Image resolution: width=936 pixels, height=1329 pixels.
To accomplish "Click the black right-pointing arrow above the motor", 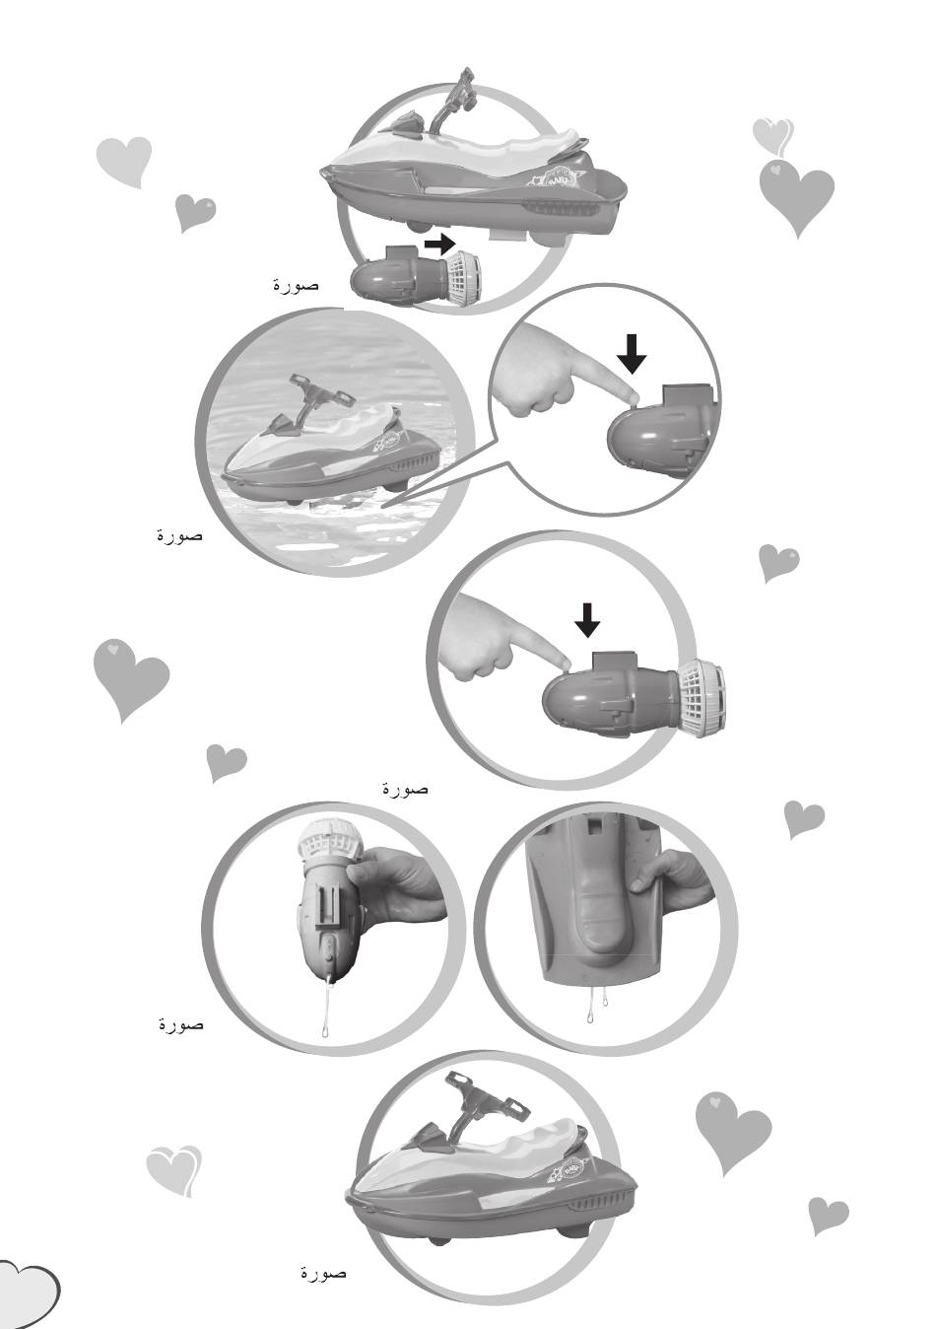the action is pyautogui.click(x=439, y=244).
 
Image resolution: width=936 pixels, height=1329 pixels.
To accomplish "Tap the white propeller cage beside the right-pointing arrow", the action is pyautogui.click(x=463, y=274).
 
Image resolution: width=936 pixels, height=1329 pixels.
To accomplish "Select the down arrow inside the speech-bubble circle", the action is pyautogui.click(x=632, y=355).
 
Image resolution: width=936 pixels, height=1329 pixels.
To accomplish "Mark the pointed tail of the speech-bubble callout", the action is pyautogui.click(x=383, y=507).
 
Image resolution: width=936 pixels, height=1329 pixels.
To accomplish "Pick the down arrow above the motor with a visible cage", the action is pyautogui.click(x=587, y=620).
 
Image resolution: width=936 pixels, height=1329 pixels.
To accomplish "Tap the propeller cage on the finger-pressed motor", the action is pyautogui.click(x=702, y=696).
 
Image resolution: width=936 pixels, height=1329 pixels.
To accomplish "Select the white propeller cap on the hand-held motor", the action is pyautogui.click(x=324, y=844).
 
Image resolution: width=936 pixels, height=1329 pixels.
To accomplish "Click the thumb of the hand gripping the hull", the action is pyautogui.click(x=641, y=885).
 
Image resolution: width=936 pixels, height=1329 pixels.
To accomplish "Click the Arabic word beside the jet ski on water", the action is pyautogui.click(x=179, y=535).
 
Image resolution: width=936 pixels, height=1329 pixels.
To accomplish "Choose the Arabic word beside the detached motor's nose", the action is pyautogui.click(x=296, y=285).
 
